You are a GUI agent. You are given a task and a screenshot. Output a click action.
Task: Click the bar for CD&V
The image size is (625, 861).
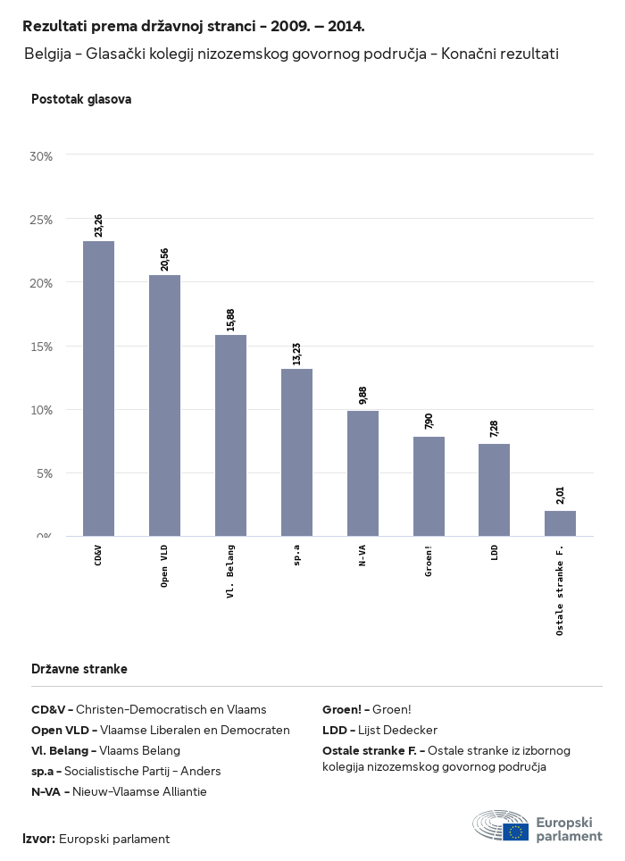[98, 389]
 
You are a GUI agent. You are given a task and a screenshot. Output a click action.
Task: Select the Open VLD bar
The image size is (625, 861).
[164, 405]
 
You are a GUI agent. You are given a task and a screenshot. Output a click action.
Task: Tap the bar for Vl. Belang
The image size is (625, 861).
[230, 435]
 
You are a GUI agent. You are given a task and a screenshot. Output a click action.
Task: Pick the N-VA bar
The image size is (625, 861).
[362, 473]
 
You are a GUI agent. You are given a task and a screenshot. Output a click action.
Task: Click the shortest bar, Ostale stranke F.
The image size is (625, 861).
[560, 523]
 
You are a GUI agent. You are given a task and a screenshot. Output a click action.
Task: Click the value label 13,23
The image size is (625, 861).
[296, 354]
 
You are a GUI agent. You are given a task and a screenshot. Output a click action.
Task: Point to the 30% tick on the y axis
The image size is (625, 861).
[41, 156]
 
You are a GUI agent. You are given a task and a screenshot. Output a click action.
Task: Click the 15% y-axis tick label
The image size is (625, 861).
[41, 347]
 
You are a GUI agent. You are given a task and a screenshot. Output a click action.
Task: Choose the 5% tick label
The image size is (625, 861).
[45, 473]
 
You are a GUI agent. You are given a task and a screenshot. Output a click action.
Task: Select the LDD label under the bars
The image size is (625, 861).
[495, 553]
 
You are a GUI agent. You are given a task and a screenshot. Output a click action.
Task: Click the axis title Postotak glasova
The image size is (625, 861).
[81, 99]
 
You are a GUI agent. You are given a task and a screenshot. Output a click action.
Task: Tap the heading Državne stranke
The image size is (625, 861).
[79, 669]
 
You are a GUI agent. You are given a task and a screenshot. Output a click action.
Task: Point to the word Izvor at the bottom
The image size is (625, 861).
[38, 839]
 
